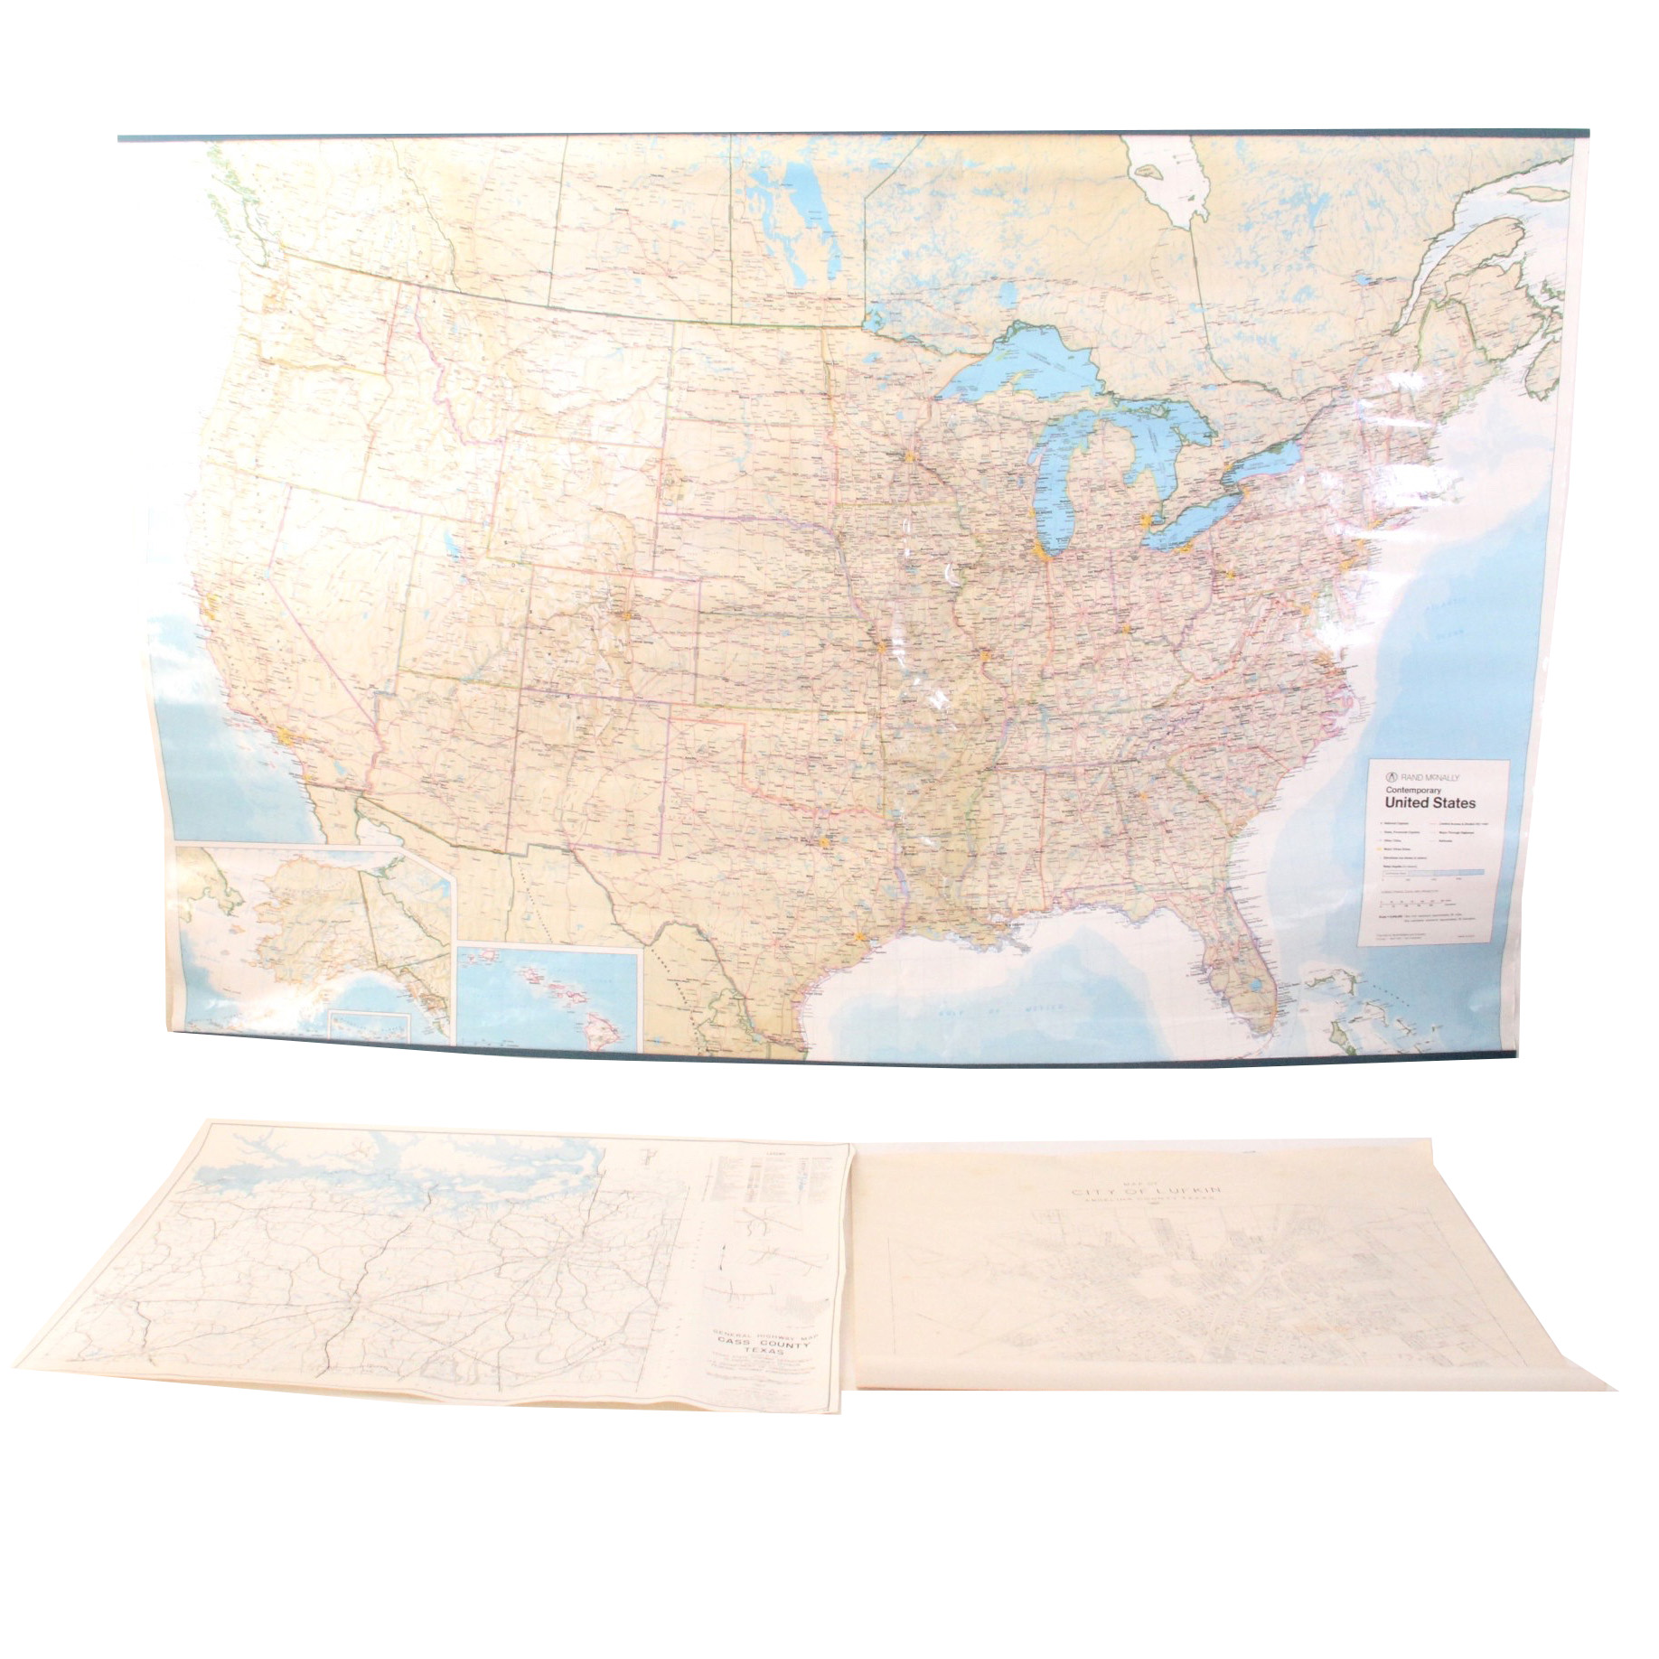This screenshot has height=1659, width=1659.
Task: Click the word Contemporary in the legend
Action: [x=1417, y=790]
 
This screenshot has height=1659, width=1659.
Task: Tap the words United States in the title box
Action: [x=1430, y=803]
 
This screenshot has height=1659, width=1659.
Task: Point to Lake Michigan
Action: [x=1049, y=488]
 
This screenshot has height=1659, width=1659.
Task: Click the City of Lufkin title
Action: [x=1146, y=1192]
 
